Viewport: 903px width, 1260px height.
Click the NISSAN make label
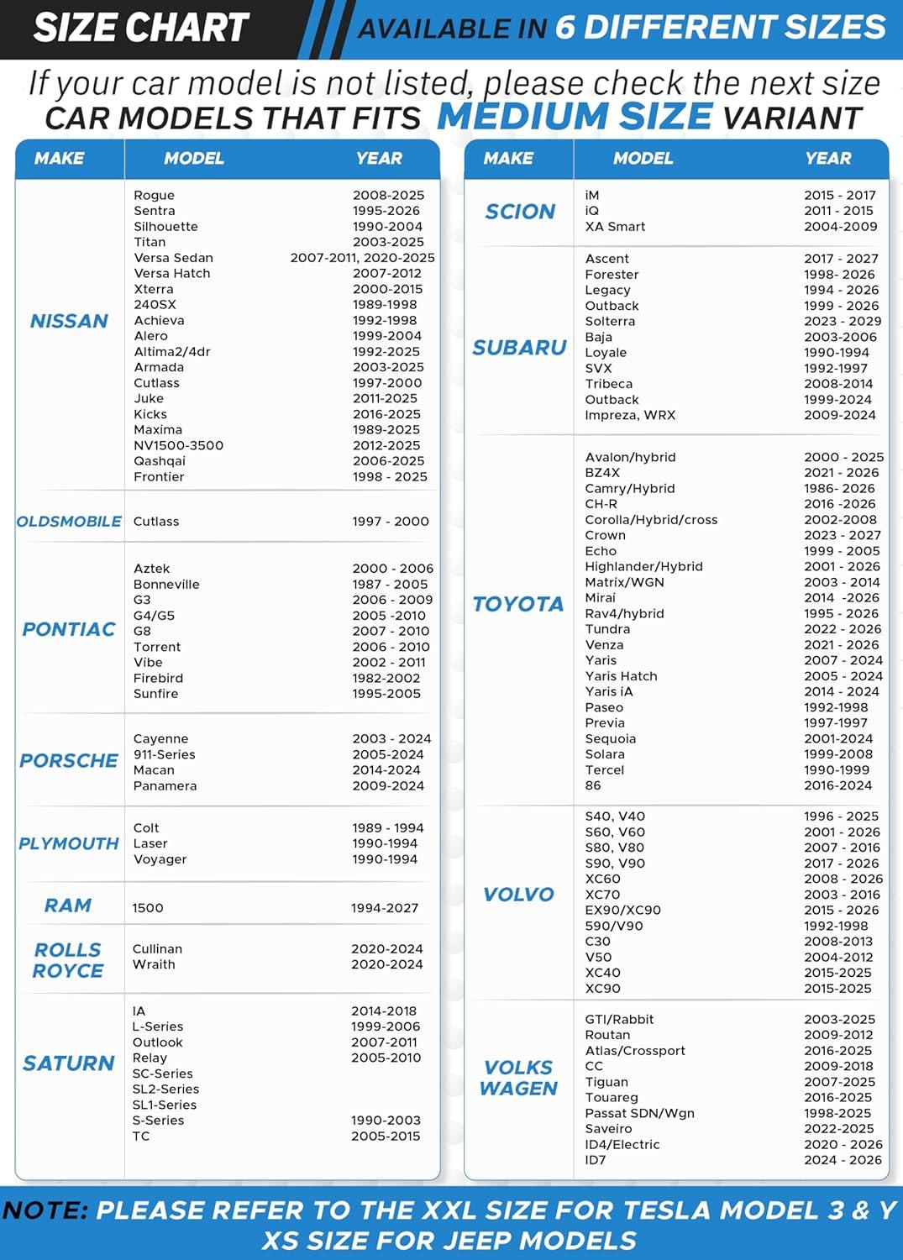[69, 321]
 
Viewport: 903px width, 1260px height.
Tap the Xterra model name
[154, 289]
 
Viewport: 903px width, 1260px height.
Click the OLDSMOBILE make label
[69, 522]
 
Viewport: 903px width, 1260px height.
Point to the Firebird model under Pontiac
[158, 678]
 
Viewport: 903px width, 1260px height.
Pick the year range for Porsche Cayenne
[391, 738]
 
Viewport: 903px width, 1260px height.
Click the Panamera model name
[165, 785]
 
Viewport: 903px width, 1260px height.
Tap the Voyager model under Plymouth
[160, 859]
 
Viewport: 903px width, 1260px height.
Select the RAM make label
[68, 906]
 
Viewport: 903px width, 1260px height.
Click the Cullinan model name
[157, 948]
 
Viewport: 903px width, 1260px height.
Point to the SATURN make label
[69, 1063]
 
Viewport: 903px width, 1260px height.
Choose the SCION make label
[520, 212]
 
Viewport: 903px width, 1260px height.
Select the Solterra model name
[610, 321]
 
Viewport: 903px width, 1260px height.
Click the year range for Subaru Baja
[840, 337]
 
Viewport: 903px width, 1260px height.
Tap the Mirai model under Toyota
[600, 597]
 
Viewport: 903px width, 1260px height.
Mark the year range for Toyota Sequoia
[838, 738]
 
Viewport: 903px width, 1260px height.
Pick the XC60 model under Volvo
[602, 879]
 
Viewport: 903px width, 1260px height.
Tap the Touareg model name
[612, 1097]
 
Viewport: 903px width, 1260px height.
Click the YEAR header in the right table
[827, 158]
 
